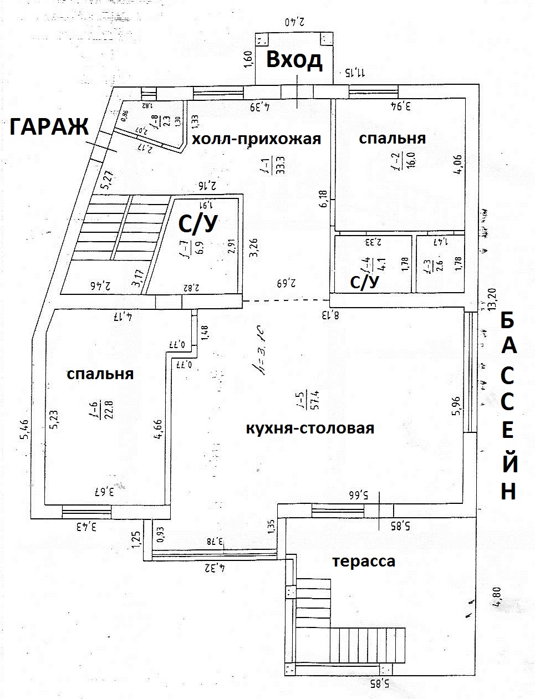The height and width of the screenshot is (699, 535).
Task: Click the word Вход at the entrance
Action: pyautogui.click(x=294, y=59)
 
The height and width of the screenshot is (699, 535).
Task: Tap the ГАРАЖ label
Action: pyautogui.click(x=49, y=127)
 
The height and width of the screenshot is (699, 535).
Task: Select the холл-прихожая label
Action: pyautogui.click(x=256, y=139)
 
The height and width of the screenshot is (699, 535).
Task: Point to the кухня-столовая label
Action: pyautogui.click(x=310, y=428)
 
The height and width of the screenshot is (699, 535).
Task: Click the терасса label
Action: pyautogui.click(x=364, y=561)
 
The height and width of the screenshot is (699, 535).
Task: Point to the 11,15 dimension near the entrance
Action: pyautogui.click(x=355, y=72)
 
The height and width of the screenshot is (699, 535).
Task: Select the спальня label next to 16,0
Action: pyautogui.click(x=393, y=138)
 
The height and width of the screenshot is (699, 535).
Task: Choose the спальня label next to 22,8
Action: pyautogui.click(x=100, y=374)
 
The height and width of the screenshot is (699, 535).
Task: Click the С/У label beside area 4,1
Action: pyautogui.click(x=364, y=282)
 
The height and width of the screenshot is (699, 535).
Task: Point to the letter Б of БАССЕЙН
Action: pyautogui.click(x=508, y=322)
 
